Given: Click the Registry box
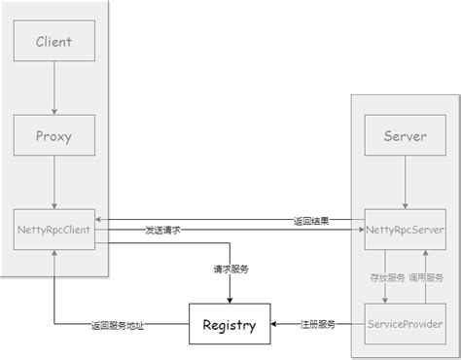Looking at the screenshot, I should (x=230, y=323).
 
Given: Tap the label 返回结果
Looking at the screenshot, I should (x=312, y=220).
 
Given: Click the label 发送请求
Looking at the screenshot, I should (x=162, y=230).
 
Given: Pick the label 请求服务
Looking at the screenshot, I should (x=230, y=269).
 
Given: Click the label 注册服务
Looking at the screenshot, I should (x=317, y=323).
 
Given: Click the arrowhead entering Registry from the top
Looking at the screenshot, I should (x=230, y=299).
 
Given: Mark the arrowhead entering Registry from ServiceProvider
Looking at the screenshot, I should (x=276, y=323).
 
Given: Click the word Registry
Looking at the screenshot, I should (x=230, y=324).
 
